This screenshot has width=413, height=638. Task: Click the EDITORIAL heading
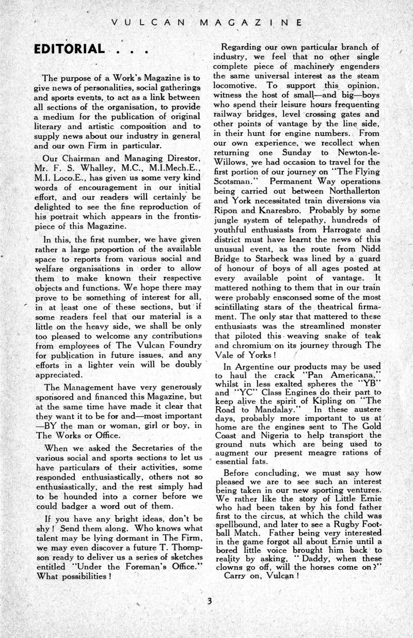tap(69, 50)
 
